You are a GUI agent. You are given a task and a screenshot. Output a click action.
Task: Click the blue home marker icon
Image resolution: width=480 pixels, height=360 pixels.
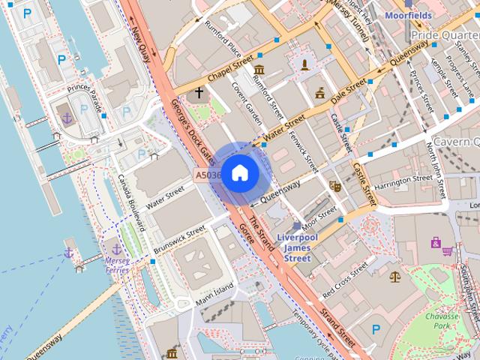239,173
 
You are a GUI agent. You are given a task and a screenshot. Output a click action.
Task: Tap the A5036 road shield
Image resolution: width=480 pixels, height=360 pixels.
208,175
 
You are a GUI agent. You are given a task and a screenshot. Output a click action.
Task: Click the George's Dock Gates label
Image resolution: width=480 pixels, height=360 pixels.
193,133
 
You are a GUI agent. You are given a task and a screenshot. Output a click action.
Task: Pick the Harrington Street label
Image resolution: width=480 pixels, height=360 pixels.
403,181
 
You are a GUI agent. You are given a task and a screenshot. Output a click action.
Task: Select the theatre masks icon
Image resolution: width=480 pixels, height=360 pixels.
334,184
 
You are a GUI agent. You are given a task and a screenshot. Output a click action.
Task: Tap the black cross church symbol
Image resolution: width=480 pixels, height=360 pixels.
199,94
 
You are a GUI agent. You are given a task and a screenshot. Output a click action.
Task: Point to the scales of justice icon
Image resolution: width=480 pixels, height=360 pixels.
395,275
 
